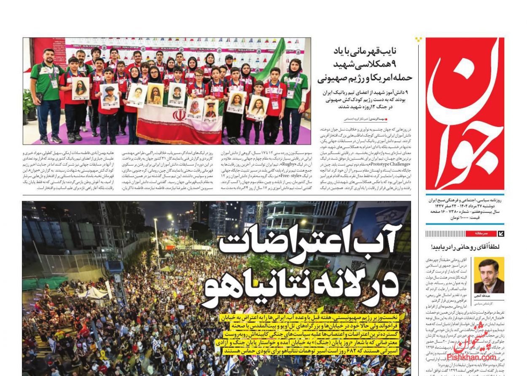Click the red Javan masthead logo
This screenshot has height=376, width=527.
click(x=464, y=114)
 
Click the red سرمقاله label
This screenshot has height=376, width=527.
click(x=481, y=233)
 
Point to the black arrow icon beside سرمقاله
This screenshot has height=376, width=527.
click(x=500, y=233)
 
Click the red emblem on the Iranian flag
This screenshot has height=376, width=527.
click(x=179, y=114)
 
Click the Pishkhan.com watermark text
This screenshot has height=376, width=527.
click(x=476, y=357)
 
